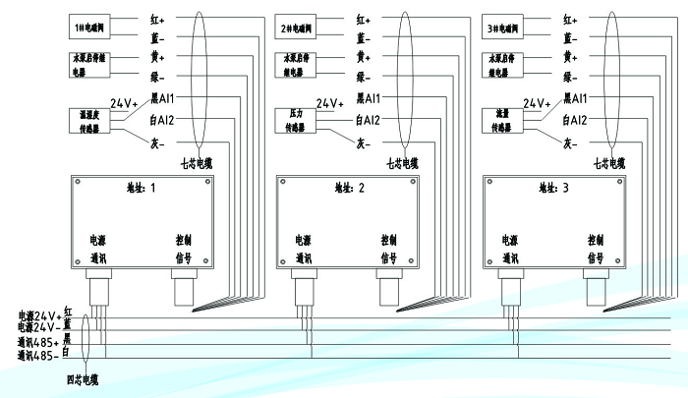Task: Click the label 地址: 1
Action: click(143, 187)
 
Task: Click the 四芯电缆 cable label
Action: click(83, 378)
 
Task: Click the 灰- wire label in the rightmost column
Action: click(571, 142)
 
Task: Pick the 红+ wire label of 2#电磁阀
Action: click(363, 19)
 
